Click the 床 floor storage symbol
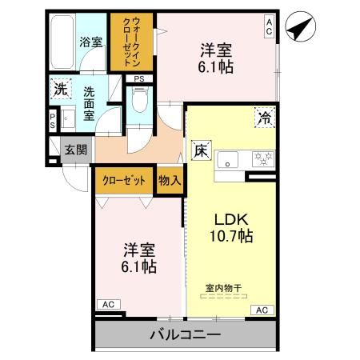(200, 149)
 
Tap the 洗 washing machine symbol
(61, 89)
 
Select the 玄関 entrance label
(76, 149)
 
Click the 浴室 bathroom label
(90, 42)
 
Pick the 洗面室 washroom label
(90, 103)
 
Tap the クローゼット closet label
(124, 180)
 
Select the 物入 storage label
(170, 180)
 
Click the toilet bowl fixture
(141, 102)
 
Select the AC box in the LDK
(261, 310)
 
